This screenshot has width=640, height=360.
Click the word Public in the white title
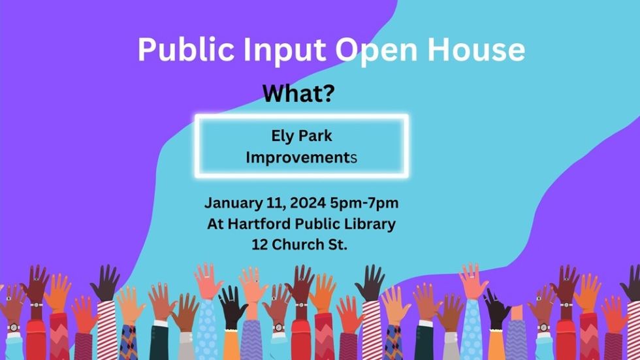point(185,50)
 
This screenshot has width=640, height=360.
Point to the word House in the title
point(476,50)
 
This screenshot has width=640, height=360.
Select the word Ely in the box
point(282,137)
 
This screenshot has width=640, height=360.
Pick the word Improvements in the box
point(301,157)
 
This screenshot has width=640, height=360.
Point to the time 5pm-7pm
point(364,203)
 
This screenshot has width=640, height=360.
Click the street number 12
point(260,244)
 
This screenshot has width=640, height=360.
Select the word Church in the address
point(298,244)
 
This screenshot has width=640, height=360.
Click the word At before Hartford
point(215,223)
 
